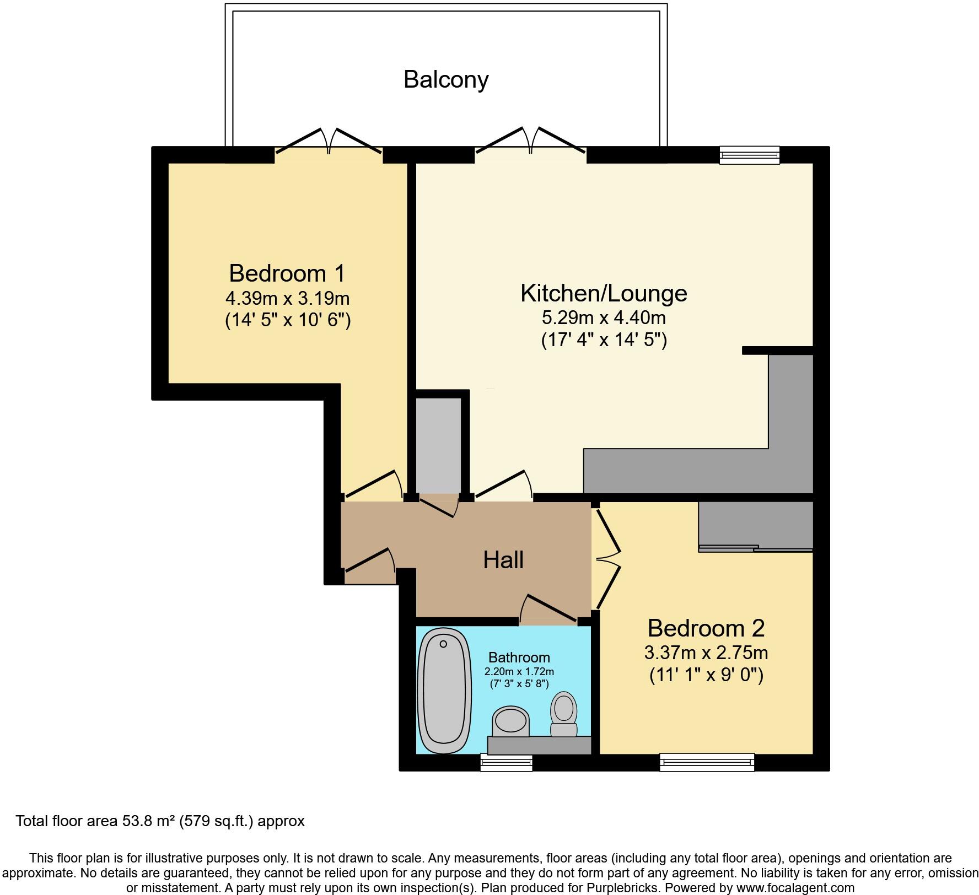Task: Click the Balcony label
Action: [x=446, y=79]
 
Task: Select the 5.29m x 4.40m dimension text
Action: [x=604, y=318]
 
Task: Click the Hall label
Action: [x=503, y=560]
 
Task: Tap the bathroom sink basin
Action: [x=510, y=722]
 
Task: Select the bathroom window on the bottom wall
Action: [x=506, y=763]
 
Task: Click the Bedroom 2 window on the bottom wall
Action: [x=707, y=762]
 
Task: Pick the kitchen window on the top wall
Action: [x=749, y=155]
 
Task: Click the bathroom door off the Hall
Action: [x=548, y=609]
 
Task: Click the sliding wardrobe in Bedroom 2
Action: [x=755, y=526]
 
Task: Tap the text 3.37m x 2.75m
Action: [x=706, y=653]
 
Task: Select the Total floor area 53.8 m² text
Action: [x=160, y=821]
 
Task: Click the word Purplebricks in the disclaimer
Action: [x=626, y=888]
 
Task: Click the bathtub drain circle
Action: [x=443, y=644]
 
